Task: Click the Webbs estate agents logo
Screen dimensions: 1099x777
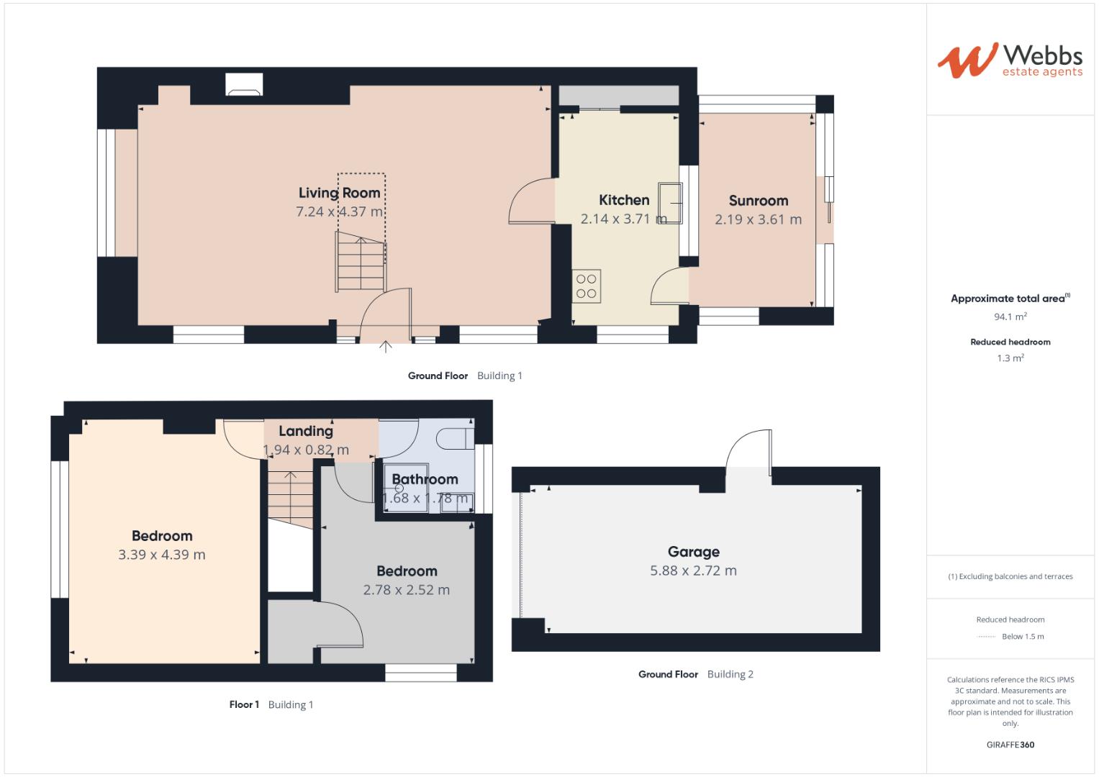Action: coord(1010,60)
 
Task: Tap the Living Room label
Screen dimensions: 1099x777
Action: coord(340,193)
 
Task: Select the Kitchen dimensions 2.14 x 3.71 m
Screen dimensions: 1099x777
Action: coord(623,219)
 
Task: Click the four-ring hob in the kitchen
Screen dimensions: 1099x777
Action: coord(587,286)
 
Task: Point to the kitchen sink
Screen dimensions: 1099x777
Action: coord(670,203)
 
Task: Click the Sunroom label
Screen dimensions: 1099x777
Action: coord(759,201)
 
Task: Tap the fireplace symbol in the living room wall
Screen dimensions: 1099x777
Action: coord(244,84)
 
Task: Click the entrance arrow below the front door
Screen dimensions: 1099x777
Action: coord(386,347)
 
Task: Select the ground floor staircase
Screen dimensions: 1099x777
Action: coord(361,261)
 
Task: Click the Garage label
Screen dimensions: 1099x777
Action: coord(694,552)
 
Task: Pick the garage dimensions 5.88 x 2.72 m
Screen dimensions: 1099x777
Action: coord(694,571)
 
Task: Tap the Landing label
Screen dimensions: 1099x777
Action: coord(306,431)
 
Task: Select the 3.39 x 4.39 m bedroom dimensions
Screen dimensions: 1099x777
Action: coord(162,555)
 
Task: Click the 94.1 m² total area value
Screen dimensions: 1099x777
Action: coord(1010,317)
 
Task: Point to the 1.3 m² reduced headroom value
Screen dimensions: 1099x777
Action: coord(1010,358)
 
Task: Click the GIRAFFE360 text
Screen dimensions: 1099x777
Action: coord(1010,745)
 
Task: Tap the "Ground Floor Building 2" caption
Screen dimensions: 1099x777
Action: coord(696,675)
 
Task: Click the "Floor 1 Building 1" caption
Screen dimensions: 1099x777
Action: coord(271,705)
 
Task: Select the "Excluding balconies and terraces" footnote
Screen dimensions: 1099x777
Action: coord(1010,576)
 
